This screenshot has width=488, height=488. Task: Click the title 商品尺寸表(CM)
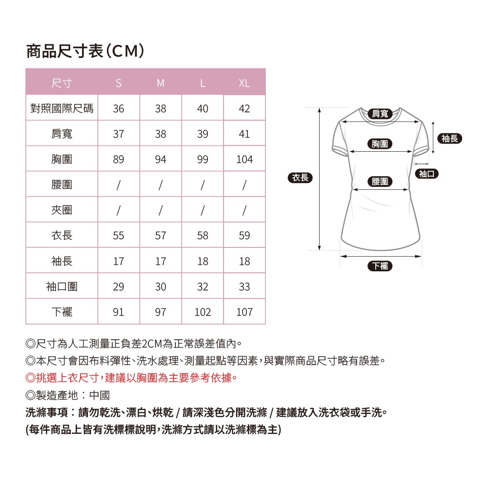coord(85,51)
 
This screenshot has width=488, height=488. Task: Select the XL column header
coord(244,83)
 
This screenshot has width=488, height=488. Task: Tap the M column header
coord(161,83)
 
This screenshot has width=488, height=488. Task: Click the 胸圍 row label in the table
coord(61,160)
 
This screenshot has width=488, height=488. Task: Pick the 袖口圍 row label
coord(61,286)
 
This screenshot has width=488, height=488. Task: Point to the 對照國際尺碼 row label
coord(61,109)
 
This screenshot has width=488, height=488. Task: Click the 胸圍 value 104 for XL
coord(244,160)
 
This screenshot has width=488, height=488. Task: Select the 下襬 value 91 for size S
coord(119,312)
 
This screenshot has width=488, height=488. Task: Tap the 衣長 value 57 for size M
coord(161,236)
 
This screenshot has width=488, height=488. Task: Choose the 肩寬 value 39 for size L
coord(203,134)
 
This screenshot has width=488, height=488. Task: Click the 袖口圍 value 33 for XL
coord(244,286)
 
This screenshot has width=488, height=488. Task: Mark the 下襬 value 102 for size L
coord(203,312)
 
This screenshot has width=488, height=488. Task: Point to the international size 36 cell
coord(119,109)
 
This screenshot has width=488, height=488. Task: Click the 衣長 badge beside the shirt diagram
coord(300,178)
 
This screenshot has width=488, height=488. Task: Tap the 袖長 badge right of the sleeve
coord(450,139)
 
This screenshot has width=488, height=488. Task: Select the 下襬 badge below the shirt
coord(380,266)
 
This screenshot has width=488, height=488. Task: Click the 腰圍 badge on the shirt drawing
coord(380,182)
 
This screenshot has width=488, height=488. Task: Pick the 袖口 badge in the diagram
coord(427,174)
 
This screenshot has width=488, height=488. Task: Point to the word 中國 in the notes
coord(100,395)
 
